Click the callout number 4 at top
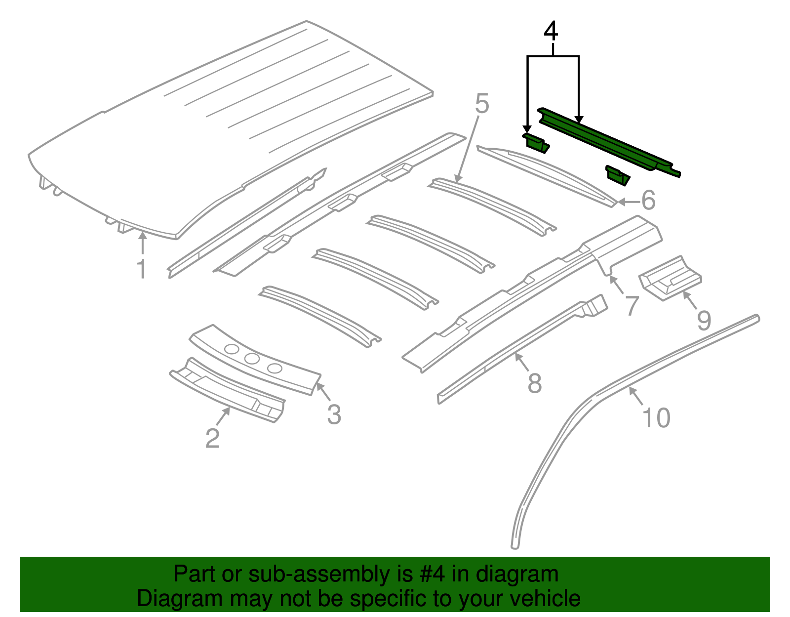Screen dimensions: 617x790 (x=551, y=31)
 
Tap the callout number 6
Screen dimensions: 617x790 (x=648, y=201)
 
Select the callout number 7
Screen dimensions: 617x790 (x=632, y=306)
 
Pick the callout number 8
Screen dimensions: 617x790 (x=535, y=383)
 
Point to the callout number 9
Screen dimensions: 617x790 (x=704, y=320)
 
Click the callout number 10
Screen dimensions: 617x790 (x=657, y=418)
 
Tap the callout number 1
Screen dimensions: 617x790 (x=142, y=269)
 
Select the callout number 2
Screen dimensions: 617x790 (x=212, y=438)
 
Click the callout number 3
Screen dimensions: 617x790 (x=334, y=414)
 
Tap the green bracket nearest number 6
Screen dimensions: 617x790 (x=618, y=175)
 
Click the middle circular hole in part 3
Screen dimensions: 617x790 (x=252, y=359)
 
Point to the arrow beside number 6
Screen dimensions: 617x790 (x=627, y=202)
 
